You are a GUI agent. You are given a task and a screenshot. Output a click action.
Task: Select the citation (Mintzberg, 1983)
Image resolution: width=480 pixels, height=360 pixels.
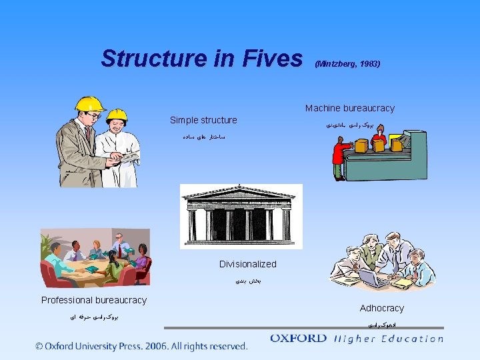pos(347,64)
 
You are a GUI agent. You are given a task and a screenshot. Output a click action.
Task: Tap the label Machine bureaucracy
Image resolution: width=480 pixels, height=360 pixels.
pos(350,108)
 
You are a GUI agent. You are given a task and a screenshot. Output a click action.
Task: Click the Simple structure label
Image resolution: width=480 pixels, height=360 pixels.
pos(203,120)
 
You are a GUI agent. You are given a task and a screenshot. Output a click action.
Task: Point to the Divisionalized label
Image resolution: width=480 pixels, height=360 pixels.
pos(247,264)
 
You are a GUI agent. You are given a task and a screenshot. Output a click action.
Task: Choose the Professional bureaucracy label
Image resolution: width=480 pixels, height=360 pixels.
pos(94,300)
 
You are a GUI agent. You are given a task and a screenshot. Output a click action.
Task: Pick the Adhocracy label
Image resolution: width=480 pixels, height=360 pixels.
pos(382,308)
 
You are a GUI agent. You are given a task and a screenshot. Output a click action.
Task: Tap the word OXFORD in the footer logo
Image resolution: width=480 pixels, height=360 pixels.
pos(298,339)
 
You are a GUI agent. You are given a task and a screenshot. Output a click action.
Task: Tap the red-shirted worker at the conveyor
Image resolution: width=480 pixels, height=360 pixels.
pos(339,158)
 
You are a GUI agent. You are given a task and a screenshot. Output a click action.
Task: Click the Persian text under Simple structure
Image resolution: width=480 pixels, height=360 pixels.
pos(203,136)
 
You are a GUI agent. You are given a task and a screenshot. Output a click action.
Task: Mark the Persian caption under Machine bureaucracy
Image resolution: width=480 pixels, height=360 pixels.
pos(350,124)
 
